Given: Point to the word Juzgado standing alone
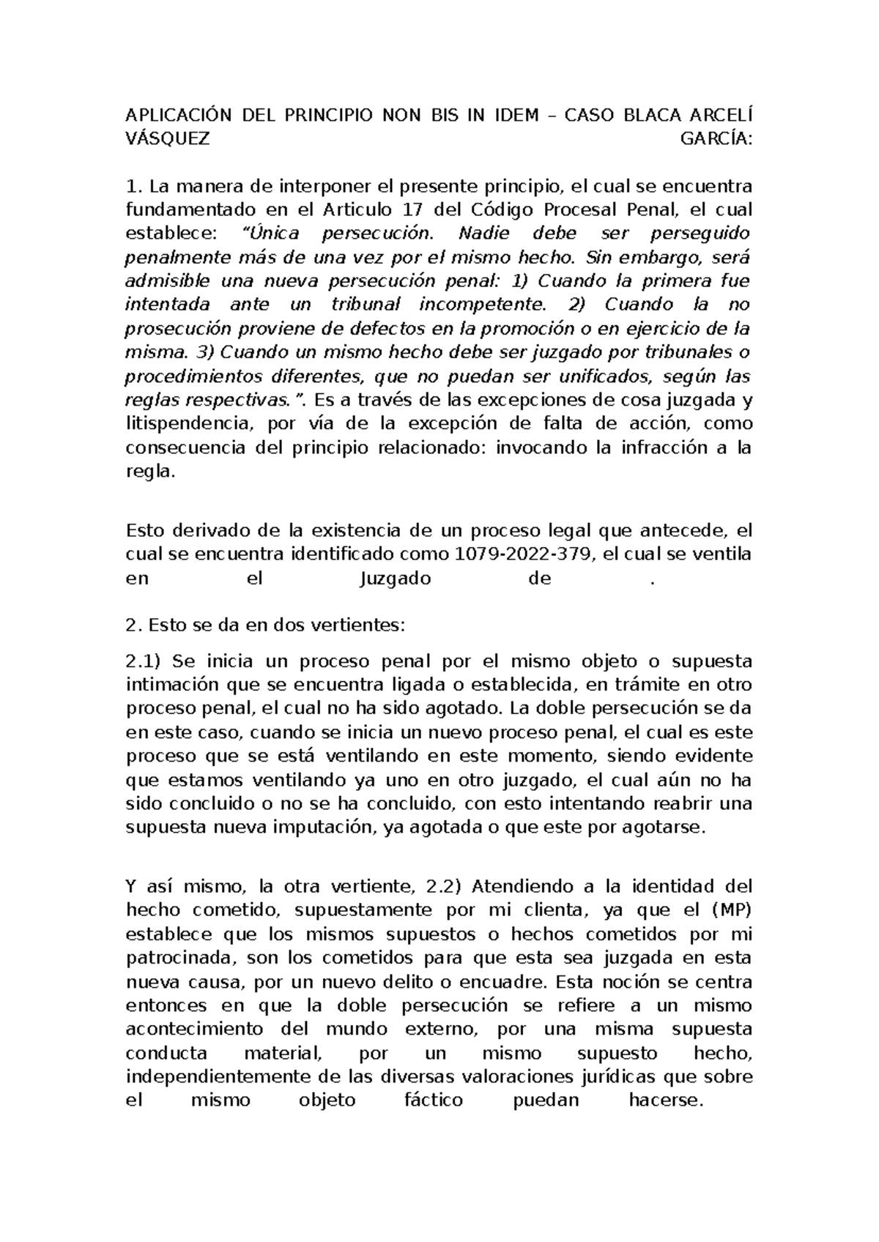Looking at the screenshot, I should click(396, 579).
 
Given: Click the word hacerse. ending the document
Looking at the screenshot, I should click(666, 1100).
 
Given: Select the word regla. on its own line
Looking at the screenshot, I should click(151, 472).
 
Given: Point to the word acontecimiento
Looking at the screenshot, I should click(194, 1029).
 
